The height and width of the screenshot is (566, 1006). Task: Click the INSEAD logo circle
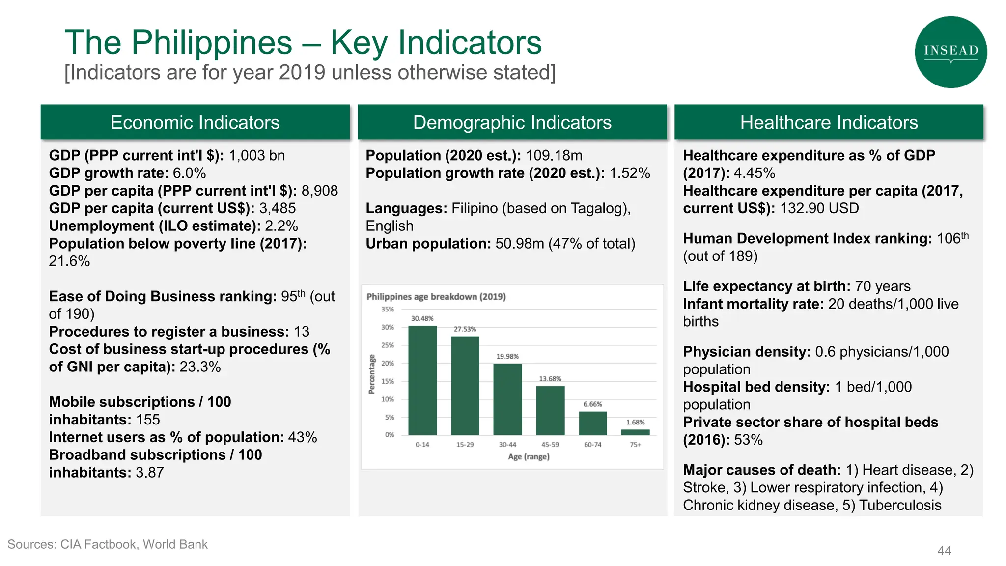tap(950, 52)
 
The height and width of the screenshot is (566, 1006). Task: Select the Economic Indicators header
tap(195, 122)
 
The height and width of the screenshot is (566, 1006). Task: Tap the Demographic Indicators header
tap(512, 122)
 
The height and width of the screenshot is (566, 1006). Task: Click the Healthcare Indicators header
tap(829, 122)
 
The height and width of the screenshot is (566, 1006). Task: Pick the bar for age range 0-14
tap(422, 381)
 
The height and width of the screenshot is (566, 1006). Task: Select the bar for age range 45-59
tap(550, 411)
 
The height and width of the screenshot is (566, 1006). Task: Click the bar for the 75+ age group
tap(635, 432)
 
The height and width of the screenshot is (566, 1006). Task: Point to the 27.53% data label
tap(465, 329)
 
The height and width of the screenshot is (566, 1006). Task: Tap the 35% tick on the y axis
tap(388, 310)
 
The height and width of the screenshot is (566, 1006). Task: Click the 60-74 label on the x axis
tap(592, 445)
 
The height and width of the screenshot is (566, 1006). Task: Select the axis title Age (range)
tap(529, 457)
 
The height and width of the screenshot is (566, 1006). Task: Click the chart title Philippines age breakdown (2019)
tap(436, 297)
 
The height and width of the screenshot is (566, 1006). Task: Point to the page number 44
tap(944, 551)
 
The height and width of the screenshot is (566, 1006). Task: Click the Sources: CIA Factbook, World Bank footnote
tap(108, 544)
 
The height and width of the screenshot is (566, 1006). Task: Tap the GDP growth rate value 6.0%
tap(189, 173)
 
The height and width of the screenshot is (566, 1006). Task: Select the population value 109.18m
tap(554, 156)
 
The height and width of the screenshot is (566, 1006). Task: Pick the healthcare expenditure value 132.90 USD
tap(819, 208)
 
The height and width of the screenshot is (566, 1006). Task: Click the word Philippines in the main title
tap(211, 43)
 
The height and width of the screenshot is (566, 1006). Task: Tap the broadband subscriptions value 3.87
tap(149, 473)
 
